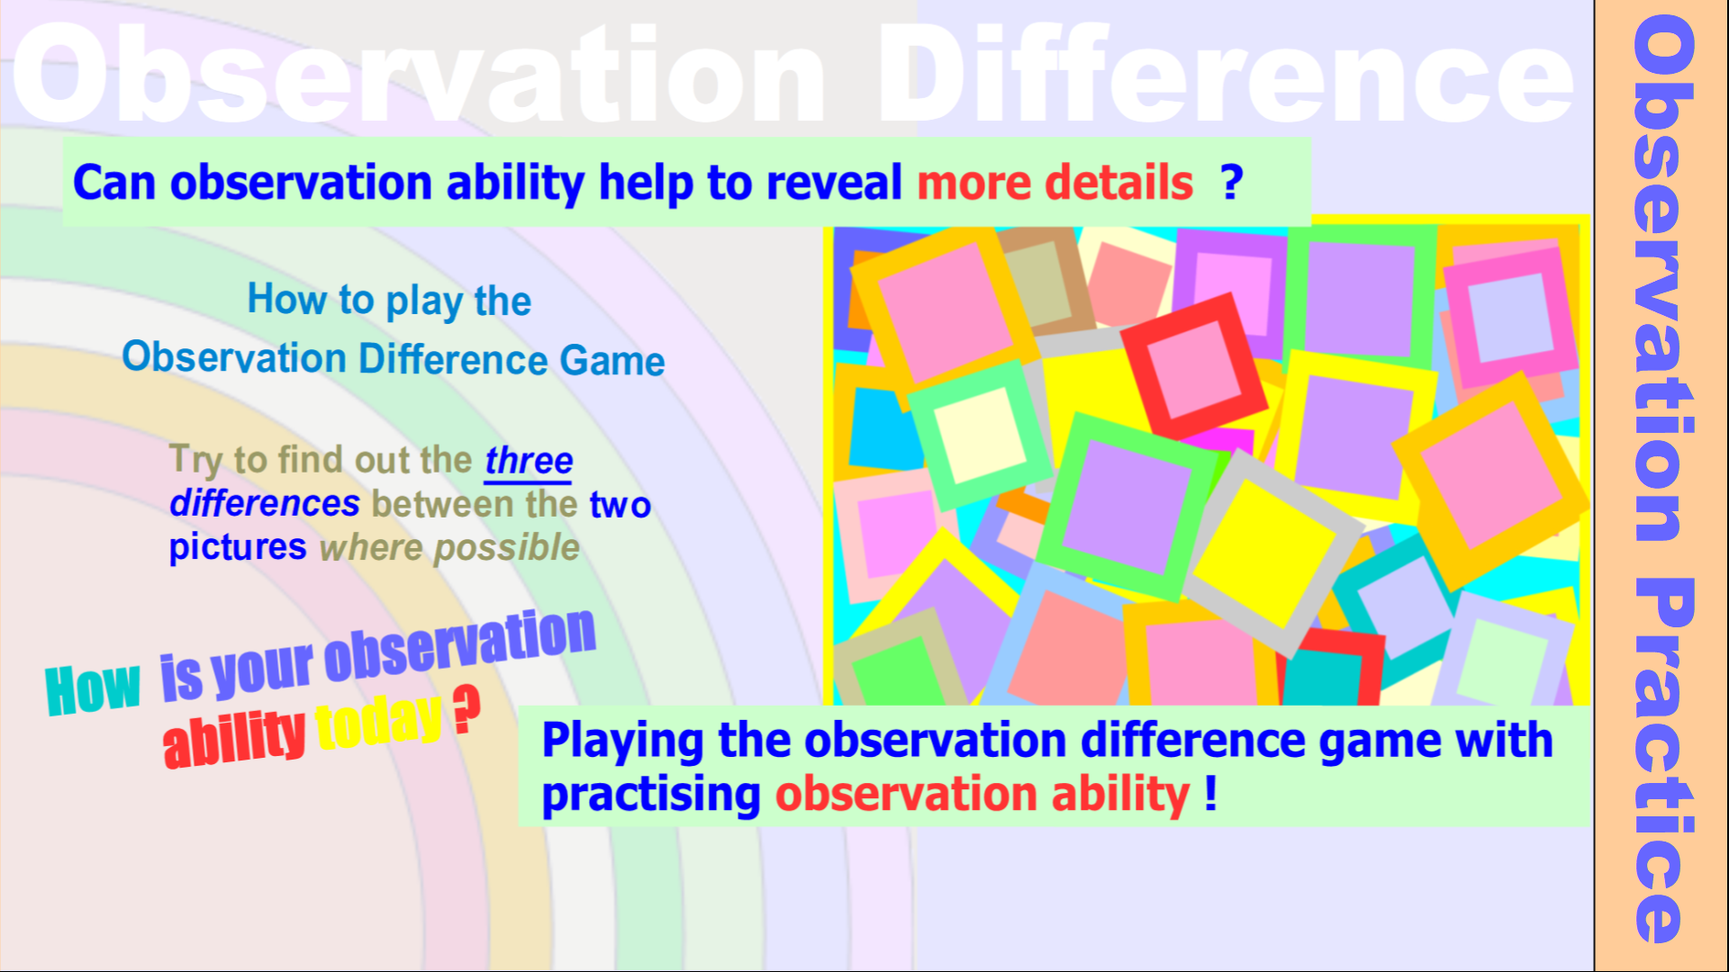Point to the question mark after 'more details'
pyautogui.click(x=1232, y=183)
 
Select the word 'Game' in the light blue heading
pyautogui.click(x=612, y=361)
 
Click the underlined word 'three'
pyautogui.click(x=529, y=461)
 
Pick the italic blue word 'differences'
pyautogui.click(x=265, y=504)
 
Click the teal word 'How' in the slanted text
pyautogui.click(x=93, y=689)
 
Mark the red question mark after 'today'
pyautogui.click(x=466, y=709)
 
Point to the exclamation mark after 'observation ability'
pyautogui.click(x=1211, y=793)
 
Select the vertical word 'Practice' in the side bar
pyautogui.click(x=1665, y=760)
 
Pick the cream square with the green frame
pyautogui.click(x=980, y=436)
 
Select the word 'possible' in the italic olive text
pyautogui.click(x=507, y=548)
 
